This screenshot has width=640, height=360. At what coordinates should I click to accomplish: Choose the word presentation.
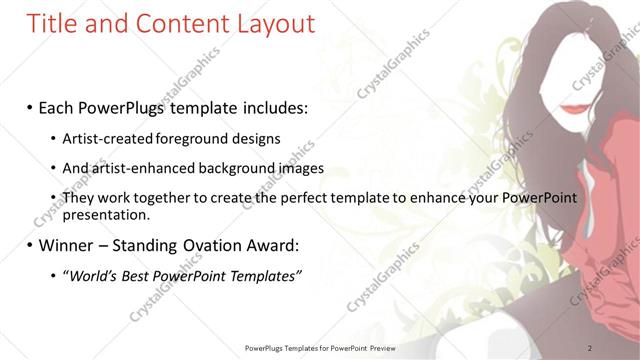[105, 214]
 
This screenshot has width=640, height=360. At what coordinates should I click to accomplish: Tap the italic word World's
[95, 276]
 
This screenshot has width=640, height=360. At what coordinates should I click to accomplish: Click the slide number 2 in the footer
[590, 348]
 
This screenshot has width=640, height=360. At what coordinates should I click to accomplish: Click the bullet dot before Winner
[30, 246]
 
